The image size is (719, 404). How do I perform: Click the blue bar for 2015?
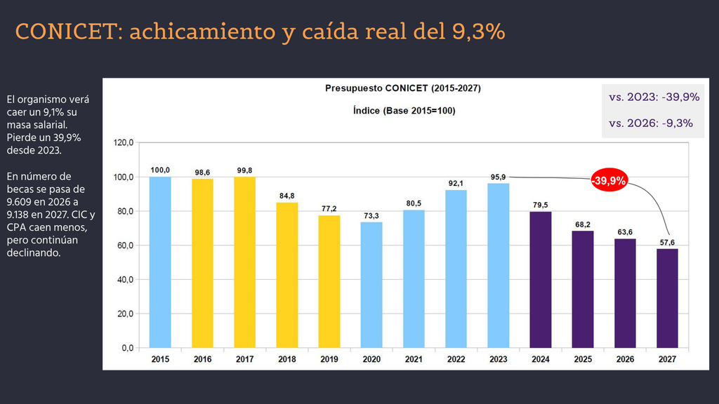click(x=160, y=262)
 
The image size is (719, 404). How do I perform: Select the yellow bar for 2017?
click(x=244, y=262)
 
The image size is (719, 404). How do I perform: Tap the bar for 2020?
click(x=371, y=285)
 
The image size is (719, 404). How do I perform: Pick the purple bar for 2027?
click(x=667, y=298)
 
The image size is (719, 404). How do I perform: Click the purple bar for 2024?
click(x=541, y=280)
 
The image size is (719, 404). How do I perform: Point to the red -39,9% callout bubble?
click(x=609, y=180)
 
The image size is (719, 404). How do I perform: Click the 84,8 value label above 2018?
click(x=287, y=196)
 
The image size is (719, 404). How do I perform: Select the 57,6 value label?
click(x=667, y=242)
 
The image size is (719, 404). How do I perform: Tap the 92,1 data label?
click(x=456, y=183)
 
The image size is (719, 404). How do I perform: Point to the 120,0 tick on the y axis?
click(x=124, y=143)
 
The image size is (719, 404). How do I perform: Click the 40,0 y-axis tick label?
click(x=125, y=280)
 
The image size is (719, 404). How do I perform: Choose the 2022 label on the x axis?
click(x=456, y=360)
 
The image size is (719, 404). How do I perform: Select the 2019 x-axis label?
click(x=329, y=360)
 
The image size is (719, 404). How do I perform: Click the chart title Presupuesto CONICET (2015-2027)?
click(x=403, y=88)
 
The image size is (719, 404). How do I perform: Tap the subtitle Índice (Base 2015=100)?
click(x=404, y=111)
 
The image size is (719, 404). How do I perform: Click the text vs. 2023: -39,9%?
click(x=654, y=97)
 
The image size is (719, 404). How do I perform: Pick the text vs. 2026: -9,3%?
click(x=651, y=123)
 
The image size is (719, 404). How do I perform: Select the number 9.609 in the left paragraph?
click(x=20, y=202)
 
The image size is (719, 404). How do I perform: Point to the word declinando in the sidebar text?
click(x=34, y=252)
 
